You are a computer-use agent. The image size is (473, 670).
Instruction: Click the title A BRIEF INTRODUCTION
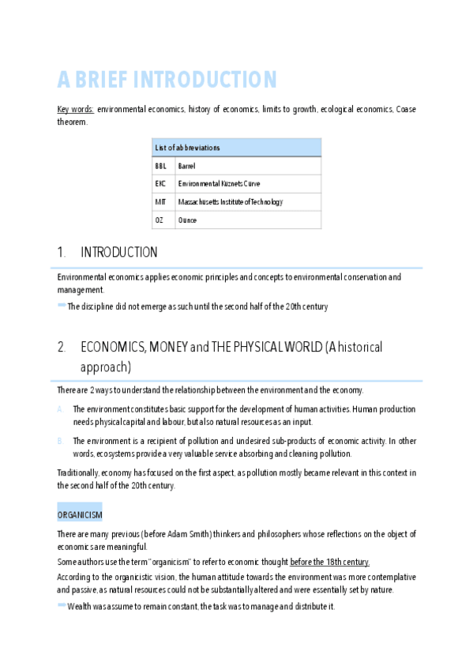[167, 80]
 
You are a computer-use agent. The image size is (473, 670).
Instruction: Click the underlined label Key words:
[76, 110]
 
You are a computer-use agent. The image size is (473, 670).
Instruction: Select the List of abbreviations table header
[236, 148]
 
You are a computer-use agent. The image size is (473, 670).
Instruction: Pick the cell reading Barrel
[187, 167]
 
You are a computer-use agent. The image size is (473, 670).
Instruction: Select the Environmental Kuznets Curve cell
[219, 184]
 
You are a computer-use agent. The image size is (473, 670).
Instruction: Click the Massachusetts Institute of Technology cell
[231, 202]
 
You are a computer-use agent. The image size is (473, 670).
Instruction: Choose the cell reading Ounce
[188, 220]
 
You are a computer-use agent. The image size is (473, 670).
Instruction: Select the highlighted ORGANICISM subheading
[79, 514]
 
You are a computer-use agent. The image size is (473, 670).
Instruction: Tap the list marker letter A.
[61, 409]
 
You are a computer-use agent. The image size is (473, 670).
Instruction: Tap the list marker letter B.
[61, 441]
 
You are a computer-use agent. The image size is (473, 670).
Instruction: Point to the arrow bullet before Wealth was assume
[62, 605]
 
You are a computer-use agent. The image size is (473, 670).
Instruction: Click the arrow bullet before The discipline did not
[62, 306]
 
